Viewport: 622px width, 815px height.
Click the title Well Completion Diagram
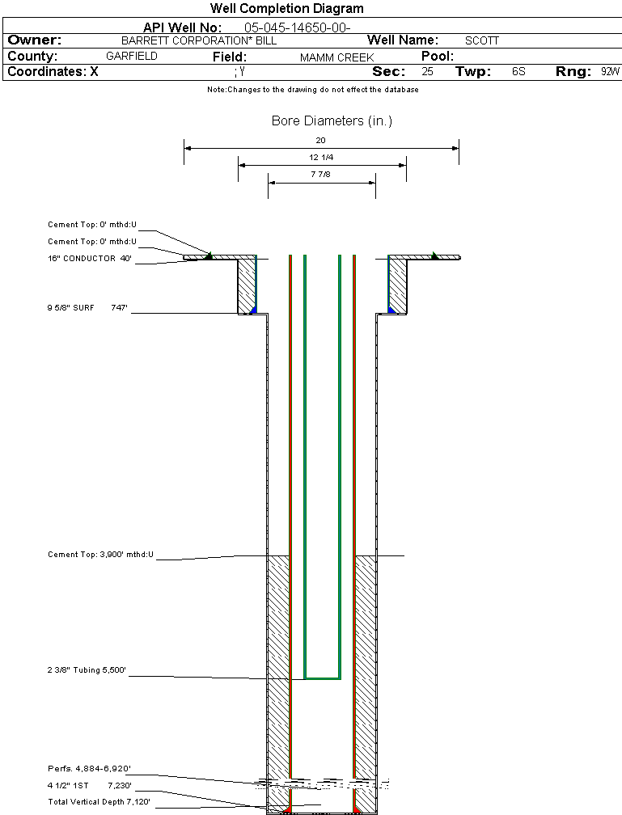pyautogui.click(x=286, y=9)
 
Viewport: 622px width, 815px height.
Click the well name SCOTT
pyautogui.click(x=482, y=40)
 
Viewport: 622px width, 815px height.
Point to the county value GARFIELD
pyautogui.click(x=132, y=57)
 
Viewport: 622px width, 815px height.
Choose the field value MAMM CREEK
pyautogui.click(x=336, y=57)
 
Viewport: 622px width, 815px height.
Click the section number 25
pyautogui.click(x=427, y=72)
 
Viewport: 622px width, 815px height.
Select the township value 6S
pyautogui.click(x=518, y=72)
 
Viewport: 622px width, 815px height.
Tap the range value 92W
pyautogui.click(x=610, y=72)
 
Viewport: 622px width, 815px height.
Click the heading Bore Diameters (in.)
pyautogui.click(x=332, y=121)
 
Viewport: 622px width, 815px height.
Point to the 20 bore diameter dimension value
pyautogui.click(x=321, y=140)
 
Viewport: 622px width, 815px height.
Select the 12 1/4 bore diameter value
pyautogui.click(x=321, y=157)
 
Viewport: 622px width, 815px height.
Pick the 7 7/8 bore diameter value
pyautogui.click(x=321, y=175)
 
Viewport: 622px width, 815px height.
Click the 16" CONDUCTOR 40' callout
pyautogui.click(x=89, y=259)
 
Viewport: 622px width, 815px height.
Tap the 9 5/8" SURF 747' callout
pyautogui.click(x=88, y=307)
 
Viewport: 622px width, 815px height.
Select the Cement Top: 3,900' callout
pyautogui.click(x=100, y=555)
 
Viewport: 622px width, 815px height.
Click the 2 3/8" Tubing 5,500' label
pyautogui.click(x=87, y=670)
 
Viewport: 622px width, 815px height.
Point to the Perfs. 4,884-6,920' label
pyautogui.click(x=89, y=768)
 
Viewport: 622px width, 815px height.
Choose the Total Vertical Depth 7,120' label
pyautogui.click(x=99, y=801)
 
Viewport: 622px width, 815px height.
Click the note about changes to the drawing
pyautogui.click(x=312, y=90)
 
